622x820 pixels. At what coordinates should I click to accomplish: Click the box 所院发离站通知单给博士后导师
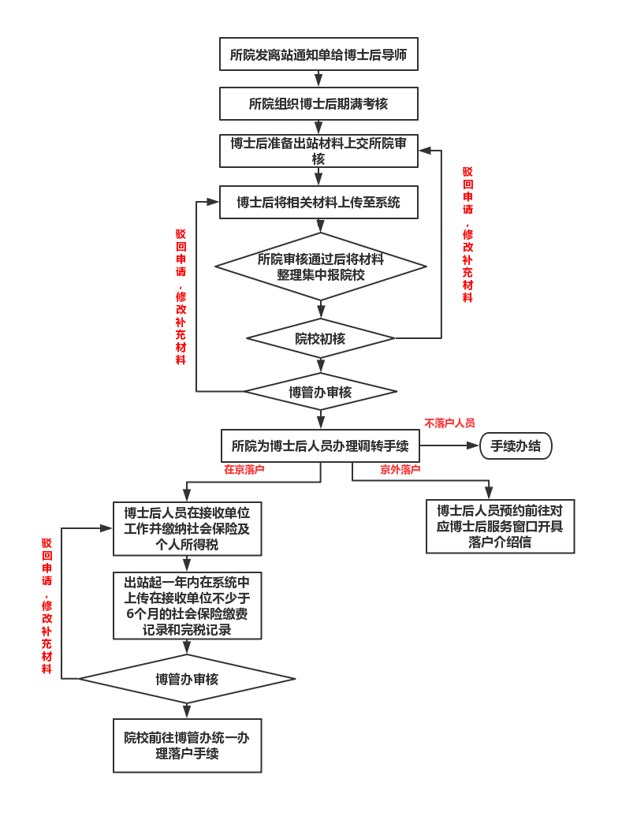pos(318,54)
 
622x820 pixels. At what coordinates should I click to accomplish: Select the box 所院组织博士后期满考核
pos(318,103)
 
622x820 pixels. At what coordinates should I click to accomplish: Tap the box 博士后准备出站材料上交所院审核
pos(318,151)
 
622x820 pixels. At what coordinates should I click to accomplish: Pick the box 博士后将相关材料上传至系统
pos(318,202)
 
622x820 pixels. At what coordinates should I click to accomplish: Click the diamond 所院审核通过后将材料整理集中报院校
pos(320,266)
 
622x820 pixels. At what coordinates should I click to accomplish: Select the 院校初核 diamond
pos(320,338)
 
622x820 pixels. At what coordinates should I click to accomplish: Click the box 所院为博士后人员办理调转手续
pos(320,445)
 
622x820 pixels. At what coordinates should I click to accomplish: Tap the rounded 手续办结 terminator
pos(516,445)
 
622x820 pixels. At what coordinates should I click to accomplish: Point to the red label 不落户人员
pos(449,423)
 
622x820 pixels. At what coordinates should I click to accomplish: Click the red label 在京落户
pos(244,469)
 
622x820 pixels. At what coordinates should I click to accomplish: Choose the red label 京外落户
pos(400,469)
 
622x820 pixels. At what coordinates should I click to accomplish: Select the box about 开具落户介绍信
pos(500,526)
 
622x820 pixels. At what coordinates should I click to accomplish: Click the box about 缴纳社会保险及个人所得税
pos(187,528)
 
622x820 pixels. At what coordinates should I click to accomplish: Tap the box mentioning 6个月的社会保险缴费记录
pos(187,605)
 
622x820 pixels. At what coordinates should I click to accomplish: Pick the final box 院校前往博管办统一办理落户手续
pos(187,745)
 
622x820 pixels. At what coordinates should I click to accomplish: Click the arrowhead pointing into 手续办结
pos(474,445)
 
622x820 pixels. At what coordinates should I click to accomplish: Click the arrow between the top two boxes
pos(318,79)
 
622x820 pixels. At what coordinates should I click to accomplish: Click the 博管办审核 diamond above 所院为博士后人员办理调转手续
pos(320,391)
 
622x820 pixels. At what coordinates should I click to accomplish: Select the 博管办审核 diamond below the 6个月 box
pos(187,678)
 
